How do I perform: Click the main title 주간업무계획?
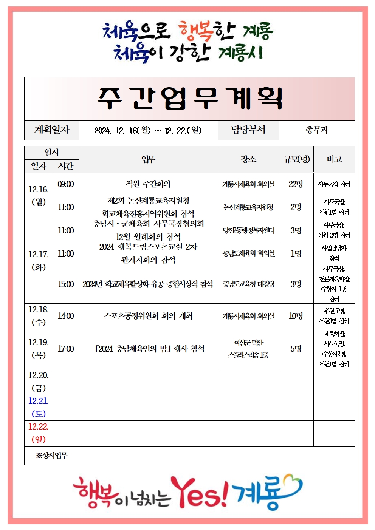pyautogui.click(x=189, y=99)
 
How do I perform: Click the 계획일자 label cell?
pyautogui.click(x=52, y=130)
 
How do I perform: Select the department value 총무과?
pyautogui.click(x=317, y=130)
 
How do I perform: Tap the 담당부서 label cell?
pyautogui.click(x=248, y=130)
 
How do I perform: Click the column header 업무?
pyautogui.click(x=148, y=159)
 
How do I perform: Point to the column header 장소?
pyautogui.click(x=248, y=159)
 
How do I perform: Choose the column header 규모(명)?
pyautogui.click(x=296, y=159)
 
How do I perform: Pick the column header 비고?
pyautogui.click(x=334, y=159)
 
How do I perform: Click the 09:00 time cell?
pyautogui.click(x=66, y=184)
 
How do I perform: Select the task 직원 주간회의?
pyautogui.click(x=148, y=184)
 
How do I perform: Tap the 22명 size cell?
pyautogui.click(x=296, y=184)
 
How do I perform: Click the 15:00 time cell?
pyautogui.click(x=66, y=284)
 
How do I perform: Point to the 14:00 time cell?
pyautogui.click(x=66, y=316)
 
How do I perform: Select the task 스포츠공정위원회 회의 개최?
pyautogui.click(x=148, y=316)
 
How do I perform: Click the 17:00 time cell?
pyautogui.click(x=66, y=349)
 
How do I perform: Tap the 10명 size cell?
pyautogui.click(x=296, y=316)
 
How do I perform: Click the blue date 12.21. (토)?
pyautogui.click(x=39, y=407)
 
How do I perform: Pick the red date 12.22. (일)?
pyautogui.click(x=39, y=433)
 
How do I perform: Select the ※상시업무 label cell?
pyautogui.click(x=52, y=456)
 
